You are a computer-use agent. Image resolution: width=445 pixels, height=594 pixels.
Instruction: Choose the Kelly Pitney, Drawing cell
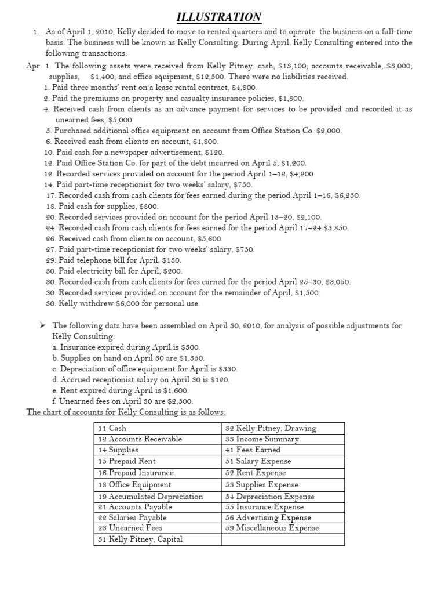point(271,428)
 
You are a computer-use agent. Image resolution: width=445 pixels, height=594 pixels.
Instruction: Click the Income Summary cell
point(262,439)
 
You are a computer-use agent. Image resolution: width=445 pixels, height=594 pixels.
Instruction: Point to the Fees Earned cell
point(253,450)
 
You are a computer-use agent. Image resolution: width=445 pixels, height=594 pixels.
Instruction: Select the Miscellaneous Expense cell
point(272,528)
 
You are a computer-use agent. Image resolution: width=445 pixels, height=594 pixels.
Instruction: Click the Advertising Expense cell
point(268,517)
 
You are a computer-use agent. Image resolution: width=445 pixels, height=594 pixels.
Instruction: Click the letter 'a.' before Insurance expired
point(56,347)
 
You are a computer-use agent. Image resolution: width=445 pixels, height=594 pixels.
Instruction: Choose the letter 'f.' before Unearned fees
point(55,401)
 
